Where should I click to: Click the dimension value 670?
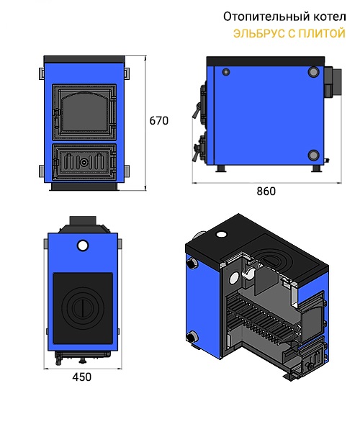[x=158, y=121]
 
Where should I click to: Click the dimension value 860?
[x=266, y=192]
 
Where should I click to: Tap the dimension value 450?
[x=82, y=377]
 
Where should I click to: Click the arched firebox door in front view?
[x=84, y=112]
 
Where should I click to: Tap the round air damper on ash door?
[x=84, y=163]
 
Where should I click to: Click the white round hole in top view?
[x=83, y=246]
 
